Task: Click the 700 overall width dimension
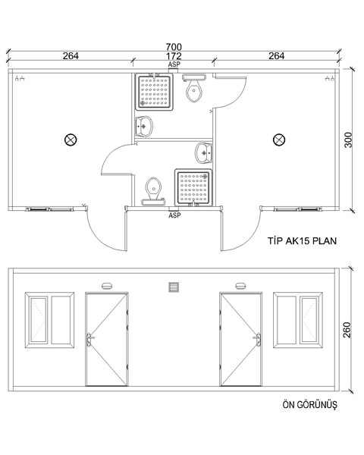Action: [x=174, y=46]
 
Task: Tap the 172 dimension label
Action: [x=174, y=55]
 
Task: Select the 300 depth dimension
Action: [x=348, y=140]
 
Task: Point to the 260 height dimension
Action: [x=347, y=330]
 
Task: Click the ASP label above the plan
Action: [x=174, y=64]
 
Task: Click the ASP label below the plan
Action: [x=174, y=215]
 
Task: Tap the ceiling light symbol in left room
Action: [x=71, y=140]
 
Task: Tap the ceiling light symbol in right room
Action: [x=279, y=140]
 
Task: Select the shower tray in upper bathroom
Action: [x=155, y=92]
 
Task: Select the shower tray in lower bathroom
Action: [x=193, y=187]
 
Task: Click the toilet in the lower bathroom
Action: [x=153, y=192]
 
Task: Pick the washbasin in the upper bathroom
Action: [x=143, y=126]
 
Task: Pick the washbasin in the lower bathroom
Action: [x=204, y=153]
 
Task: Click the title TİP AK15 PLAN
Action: [x=302, y=241]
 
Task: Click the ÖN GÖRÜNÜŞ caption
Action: [x=309, y=404]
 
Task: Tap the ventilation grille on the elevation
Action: [x=174, y=287]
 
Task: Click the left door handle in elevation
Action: [x=89, y=340]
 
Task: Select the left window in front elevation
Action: [x=49, y=320]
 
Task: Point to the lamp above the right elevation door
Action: [x=240, y=286]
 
